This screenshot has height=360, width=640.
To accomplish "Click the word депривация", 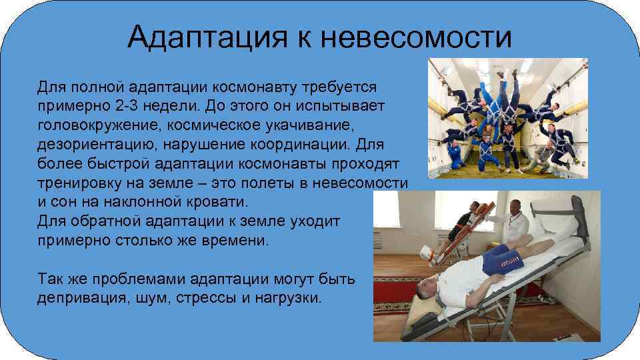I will [x=80, y=297].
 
